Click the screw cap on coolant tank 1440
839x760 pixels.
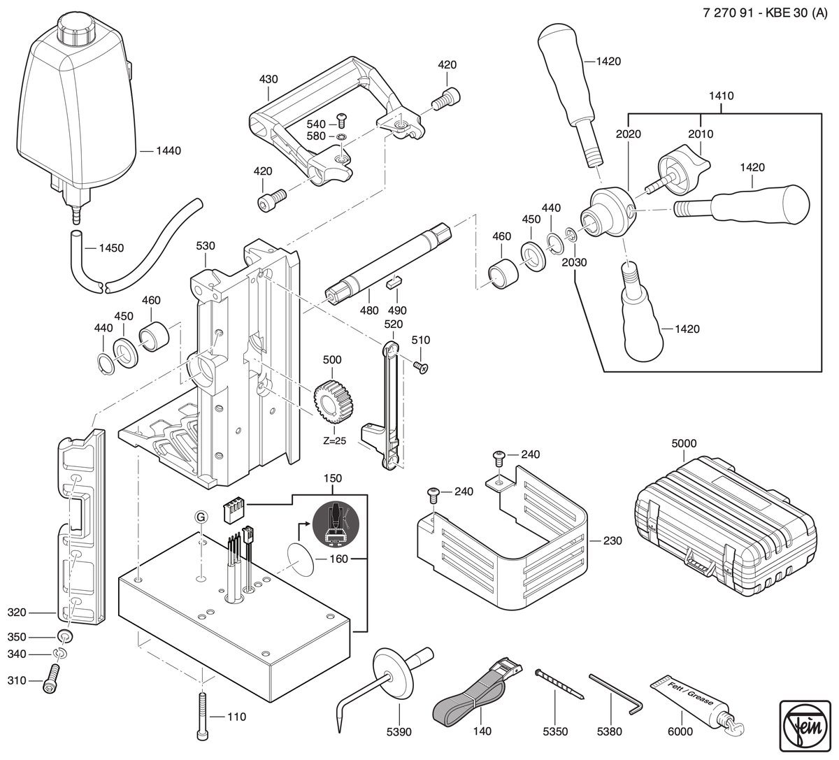[78, 29]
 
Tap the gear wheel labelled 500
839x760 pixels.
[333, 403]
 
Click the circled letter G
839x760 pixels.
[201, 517]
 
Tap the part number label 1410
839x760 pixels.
[722, 96]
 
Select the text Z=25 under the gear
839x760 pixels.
[335, 440]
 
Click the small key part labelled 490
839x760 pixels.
[394, 280]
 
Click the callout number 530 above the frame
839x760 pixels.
[206, 245]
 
